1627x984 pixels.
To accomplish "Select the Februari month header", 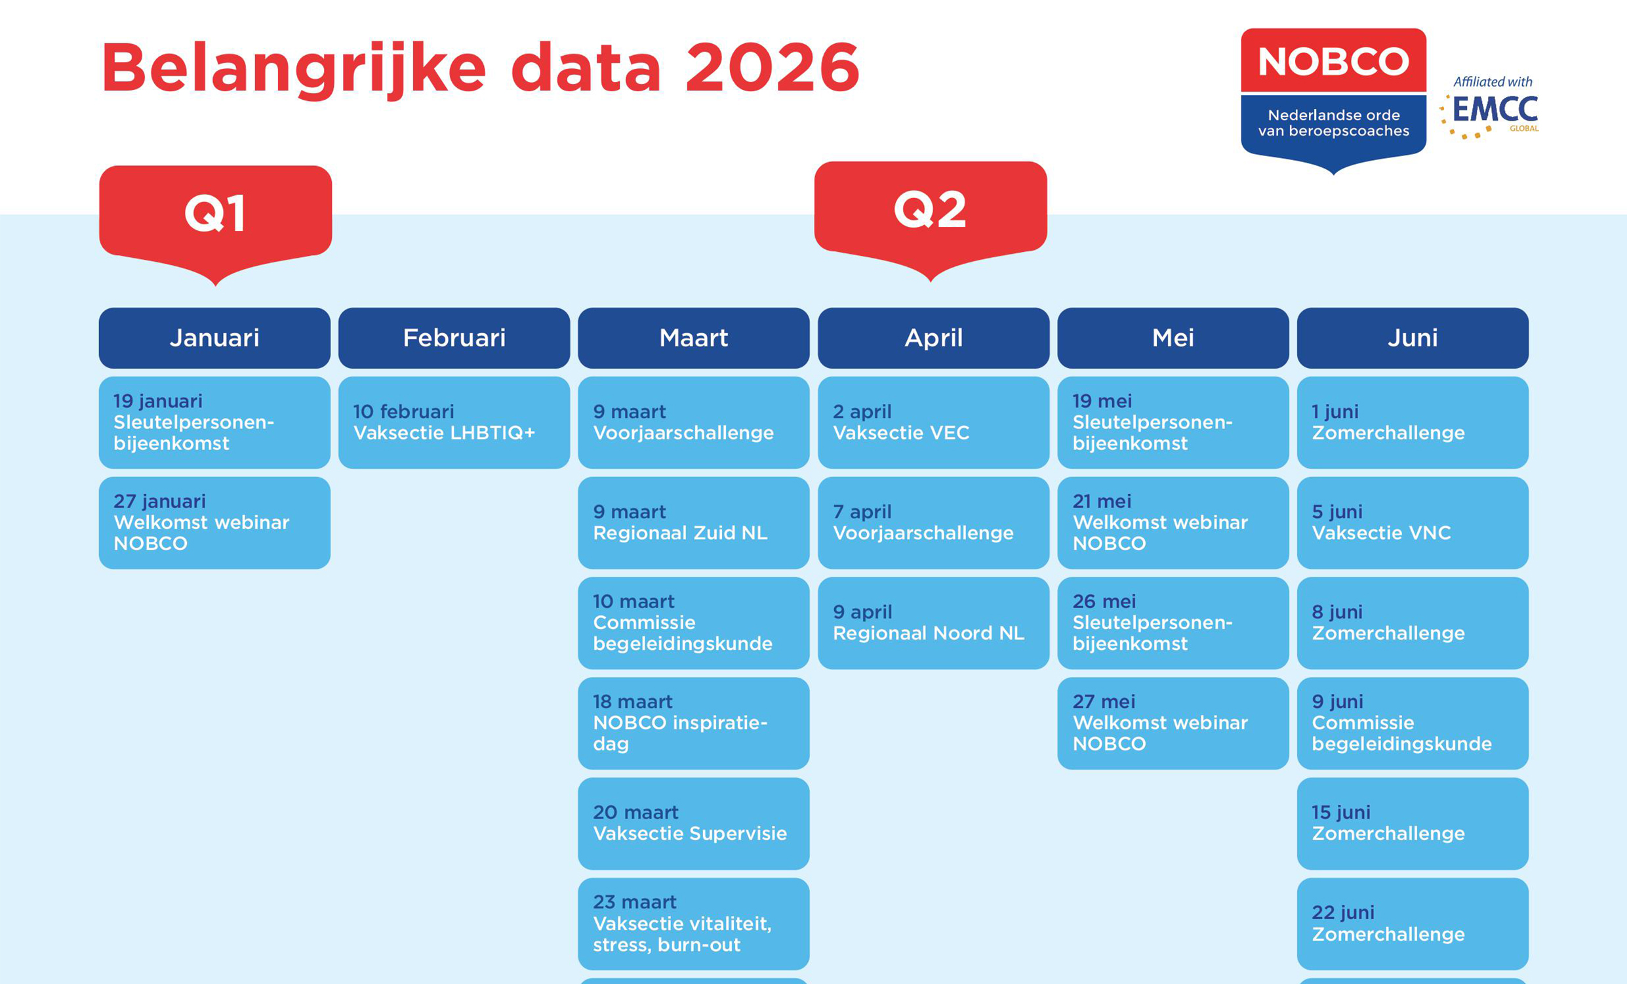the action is (x=454, y=338).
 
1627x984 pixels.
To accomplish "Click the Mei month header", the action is (x=1173, y=338).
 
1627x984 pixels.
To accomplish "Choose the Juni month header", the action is (x=1413, y=338).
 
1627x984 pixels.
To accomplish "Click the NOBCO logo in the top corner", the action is (x=1333, y=99).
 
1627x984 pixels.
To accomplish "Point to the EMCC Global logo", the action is (x=1491, y=108).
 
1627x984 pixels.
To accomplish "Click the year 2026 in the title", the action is (x=772, y=68).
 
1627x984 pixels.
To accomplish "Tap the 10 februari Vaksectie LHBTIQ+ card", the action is (x=454, y=422).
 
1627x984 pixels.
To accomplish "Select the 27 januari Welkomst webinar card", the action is (x=214, y=523).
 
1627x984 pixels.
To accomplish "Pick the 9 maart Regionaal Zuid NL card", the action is (x=693, y=523).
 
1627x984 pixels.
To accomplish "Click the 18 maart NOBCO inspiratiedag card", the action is (x=693, y=723).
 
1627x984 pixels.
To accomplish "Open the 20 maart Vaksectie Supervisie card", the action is (x=693, y=823).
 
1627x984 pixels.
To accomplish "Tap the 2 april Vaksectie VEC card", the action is (x=933, y=422).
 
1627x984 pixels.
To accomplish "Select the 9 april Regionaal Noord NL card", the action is (x=933, y=623).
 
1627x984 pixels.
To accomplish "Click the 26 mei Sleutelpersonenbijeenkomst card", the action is (x=1173, y=623).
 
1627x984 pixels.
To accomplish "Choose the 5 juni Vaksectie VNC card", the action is (x=1413, y=523).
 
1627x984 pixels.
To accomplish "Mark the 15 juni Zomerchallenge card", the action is (x=1413, y=823).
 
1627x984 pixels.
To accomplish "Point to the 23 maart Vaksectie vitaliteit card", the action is (x=693, y=924).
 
